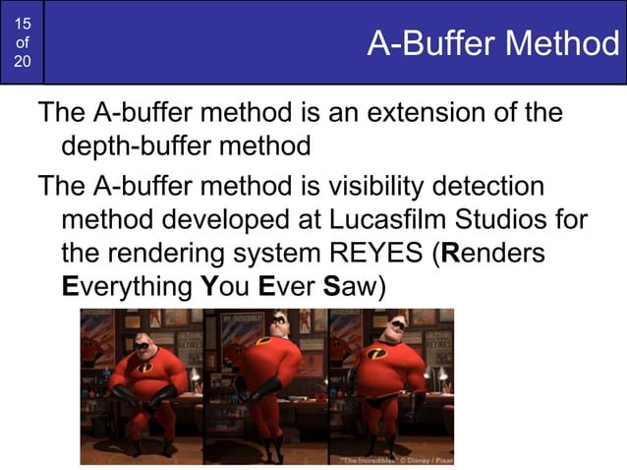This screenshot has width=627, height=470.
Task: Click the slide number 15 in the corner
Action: click(x=22, y=22)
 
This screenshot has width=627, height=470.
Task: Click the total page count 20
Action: click(x=22, y=62)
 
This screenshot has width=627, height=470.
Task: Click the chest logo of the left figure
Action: click(x=144, y=367)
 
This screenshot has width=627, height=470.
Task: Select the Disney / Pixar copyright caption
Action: click(x=398, y=458)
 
